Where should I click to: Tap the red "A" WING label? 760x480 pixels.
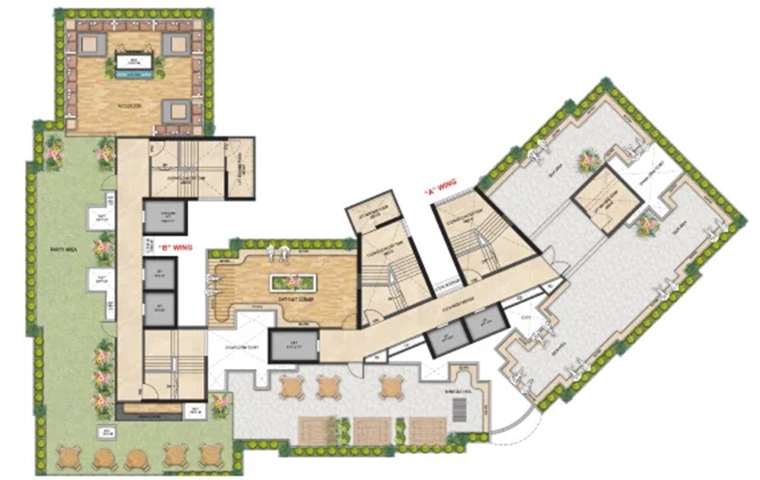[439, 194]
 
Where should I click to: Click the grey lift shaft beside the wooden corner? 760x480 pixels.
[292, 345]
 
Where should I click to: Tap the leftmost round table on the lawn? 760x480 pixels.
[68, 457]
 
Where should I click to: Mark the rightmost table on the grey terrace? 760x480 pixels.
[391, 386]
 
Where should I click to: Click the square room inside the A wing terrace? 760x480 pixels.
[606, 200]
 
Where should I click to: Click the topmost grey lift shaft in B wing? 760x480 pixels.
[165, 218]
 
